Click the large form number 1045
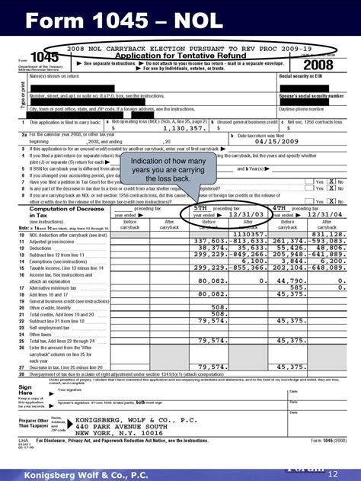[44, 58]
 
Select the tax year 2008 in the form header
[315, 63]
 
